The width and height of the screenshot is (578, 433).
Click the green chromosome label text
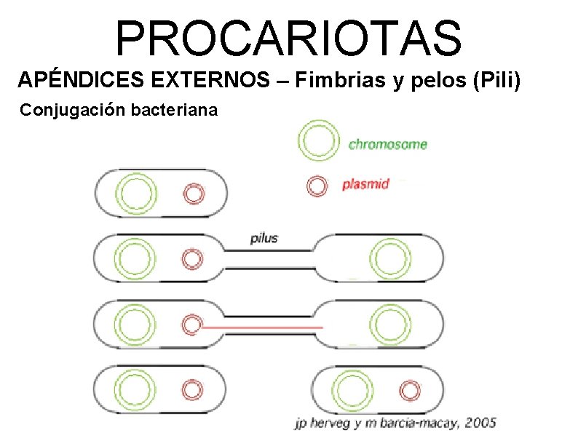tap(387, 144)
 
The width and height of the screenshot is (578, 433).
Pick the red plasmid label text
tap(365, 184)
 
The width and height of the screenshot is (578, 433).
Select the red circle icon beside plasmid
tap(317, 186)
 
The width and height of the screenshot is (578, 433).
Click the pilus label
tap(264, 238)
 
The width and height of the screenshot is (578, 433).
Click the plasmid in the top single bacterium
tap(193, 194)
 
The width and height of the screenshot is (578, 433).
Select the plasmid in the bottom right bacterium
tap(411, 391)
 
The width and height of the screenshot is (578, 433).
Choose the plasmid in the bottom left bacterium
tap(193, 389)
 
